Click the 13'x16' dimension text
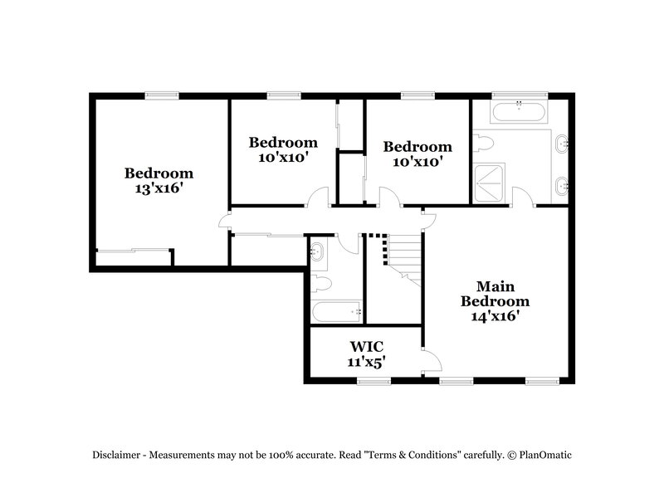point(159,189)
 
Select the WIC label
point(365,345)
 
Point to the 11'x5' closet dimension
point(365,361)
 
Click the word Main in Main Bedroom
point(495,285)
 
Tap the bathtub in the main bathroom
point(519,112)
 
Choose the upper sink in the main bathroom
point(563,143)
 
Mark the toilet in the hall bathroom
point(320,285)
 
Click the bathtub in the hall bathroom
point(337,313)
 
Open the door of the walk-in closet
point(432,361)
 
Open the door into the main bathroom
point(522,198)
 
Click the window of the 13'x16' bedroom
point(161,95)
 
